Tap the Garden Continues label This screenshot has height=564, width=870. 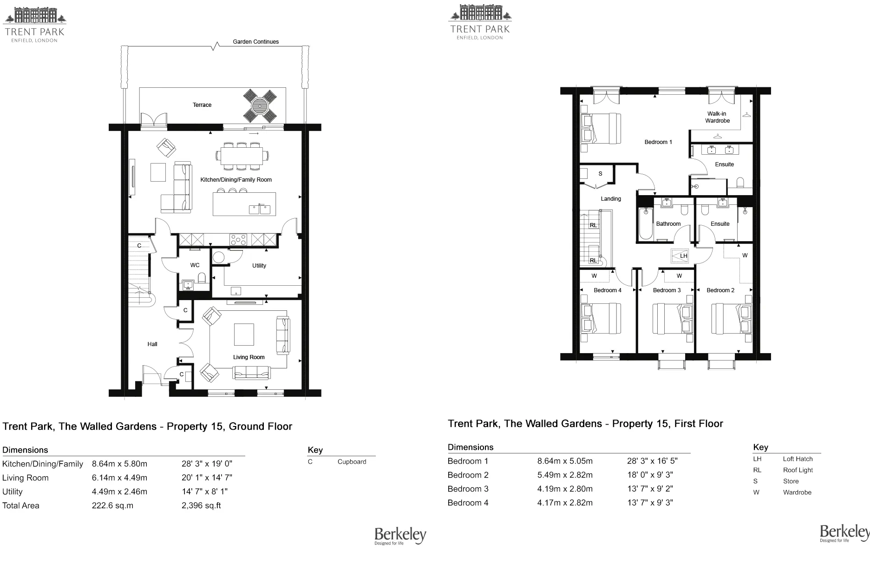256,42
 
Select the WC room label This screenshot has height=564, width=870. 195,265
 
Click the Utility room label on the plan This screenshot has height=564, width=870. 259,266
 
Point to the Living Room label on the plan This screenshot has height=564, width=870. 249,357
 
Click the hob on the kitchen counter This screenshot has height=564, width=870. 238,240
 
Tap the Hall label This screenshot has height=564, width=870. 152,344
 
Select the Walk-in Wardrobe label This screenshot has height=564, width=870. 717,117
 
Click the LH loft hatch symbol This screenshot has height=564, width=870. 680,256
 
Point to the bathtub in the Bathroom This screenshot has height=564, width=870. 645,224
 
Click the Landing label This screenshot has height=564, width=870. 611,199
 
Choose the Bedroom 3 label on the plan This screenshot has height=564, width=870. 667,290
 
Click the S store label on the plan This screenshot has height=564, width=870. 600,174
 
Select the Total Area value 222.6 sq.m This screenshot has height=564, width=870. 112,505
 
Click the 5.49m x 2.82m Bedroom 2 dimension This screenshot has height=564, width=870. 565,475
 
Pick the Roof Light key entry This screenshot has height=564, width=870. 798,470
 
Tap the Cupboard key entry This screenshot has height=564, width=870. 352,462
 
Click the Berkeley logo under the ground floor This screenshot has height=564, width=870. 400,536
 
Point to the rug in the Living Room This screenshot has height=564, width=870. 244,334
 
